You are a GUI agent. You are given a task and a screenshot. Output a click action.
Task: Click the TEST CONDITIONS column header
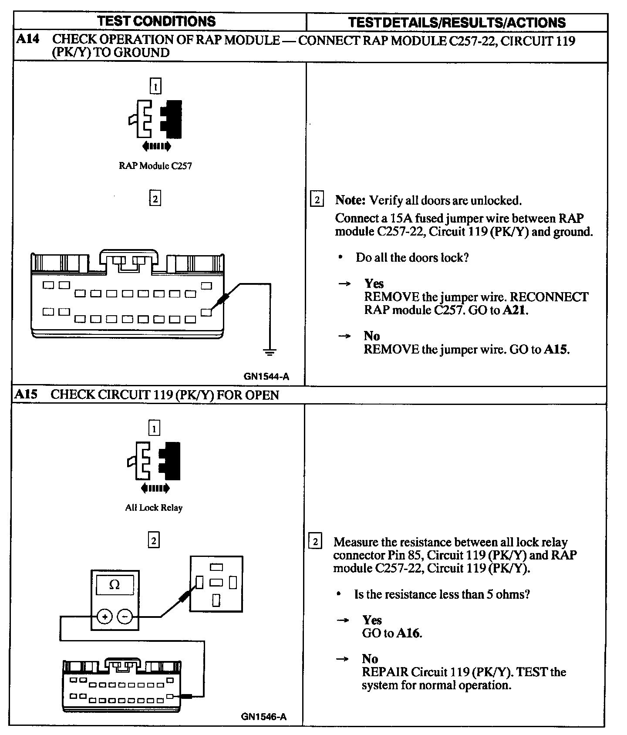tap(156, 21)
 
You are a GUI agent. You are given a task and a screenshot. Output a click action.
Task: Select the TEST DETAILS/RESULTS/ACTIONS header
tap(457, 22)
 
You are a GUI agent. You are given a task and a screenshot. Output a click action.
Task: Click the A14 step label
tap(27, 39)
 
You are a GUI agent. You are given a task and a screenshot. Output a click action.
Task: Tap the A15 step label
tap(26, 394)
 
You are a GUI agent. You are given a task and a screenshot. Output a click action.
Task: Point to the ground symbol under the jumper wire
tap(270, 352)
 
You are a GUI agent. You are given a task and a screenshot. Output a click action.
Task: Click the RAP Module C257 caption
tap(155, 166)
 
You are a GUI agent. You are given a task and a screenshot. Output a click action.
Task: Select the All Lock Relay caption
tap(154, 508)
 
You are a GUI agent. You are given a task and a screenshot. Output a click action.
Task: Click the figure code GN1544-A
tap(266, 377)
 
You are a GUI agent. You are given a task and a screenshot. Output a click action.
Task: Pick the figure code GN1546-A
tap(264, 717)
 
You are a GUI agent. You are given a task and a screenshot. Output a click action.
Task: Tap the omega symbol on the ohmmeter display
tap(115, 585)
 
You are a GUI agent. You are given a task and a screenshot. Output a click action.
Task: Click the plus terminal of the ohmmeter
tap(105, 617)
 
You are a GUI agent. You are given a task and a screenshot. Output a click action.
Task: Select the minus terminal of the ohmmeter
tap(125, 617)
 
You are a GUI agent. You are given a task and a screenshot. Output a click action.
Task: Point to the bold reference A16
tap(408, 633)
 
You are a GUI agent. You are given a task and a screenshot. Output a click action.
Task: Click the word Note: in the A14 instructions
tap(350, 200)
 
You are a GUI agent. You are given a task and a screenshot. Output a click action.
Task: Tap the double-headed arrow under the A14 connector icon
tap(156, 146)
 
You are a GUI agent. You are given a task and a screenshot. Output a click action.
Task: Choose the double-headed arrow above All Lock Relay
tap(155, 488)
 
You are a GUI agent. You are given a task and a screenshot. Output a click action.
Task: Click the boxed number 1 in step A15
tap(154, 429)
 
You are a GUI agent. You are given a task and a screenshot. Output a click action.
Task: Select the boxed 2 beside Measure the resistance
tap(315, 542)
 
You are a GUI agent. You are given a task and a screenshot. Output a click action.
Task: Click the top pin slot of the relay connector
tap(216, 567)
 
